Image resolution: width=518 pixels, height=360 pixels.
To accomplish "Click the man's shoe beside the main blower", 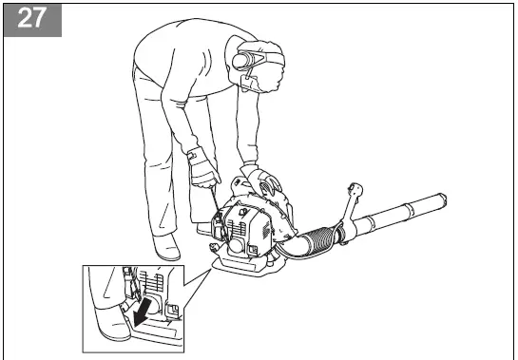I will click(x=168, y=249).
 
